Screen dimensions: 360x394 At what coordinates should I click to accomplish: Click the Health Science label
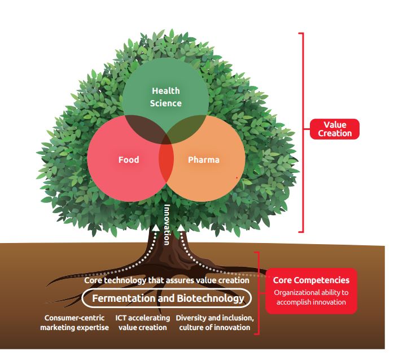point(166,97)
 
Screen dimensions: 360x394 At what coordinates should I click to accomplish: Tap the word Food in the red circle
point(129,159)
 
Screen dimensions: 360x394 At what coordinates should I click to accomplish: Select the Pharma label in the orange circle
point(203,159)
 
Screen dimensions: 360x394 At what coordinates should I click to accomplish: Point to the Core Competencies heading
point(311,280)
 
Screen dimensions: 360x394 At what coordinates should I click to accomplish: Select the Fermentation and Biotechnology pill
point(164,298)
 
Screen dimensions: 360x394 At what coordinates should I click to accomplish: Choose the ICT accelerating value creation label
point(143,322)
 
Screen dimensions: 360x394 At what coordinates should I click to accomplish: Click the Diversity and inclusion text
point(214,318)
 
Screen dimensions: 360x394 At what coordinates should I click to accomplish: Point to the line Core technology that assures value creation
point(167,280)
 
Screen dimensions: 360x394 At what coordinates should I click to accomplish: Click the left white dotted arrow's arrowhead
point(156,227)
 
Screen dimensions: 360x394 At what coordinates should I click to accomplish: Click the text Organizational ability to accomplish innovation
point(311,297)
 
